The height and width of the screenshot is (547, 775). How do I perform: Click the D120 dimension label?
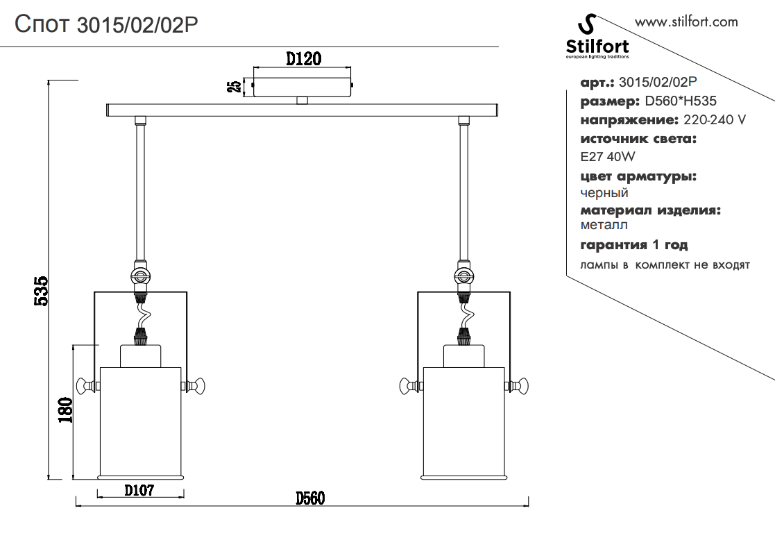pyautogui.click(x=303, y=58)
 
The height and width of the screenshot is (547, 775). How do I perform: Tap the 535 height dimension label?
pyautogui.click(x=41, y=291)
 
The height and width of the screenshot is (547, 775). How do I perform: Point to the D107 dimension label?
pyautogui.click(x=139, y=491)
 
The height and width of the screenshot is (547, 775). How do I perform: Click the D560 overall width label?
pyautogui.click(x=310, y=498)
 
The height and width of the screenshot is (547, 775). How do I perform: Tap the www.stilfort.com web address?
pyautogui.click(x=686, y=22)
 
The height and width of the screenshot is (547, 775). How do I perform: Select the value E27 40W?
pyautogui.click(x=608, y=157)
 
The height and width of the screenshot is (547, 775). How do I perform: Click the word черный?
pyautogui.click(x=604, y=193)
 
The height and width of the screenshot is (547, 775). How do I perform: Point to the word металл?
pyautogui.click(x=604, y=225)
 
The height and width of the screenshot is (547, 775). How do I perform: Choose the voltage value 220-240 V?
pyautogui.click(x=715, y=120)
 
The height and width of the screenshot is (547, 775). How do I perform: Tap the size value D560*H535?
pyautogui.click(x=681, y=101)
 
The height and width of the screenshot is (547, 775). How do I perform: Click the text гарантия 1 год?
pyautogui.click(x=634, y=245)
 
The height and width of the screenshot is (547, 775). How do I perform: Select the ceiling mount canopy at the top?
pyautogui.click(x=303, y=87)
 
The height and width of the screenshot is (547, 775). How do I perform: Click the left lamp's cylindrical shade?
pyautogui.click(x=142, y=420)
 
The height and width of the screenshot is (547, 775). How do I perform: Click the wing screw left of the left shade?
pyautogui.click(x=86, y=386)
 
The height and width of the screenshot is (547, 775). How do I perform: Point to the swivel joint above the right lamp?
pyautogui.click(x=463, y=276)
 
